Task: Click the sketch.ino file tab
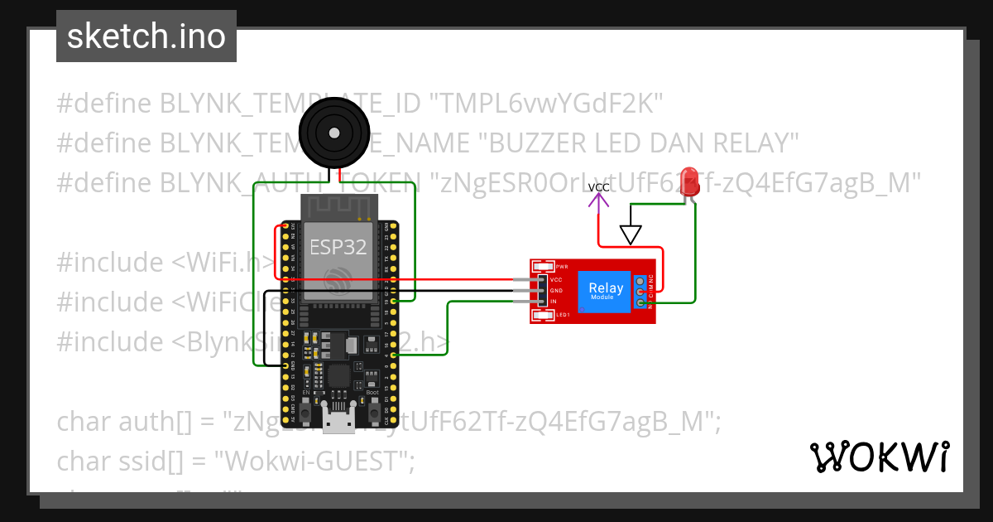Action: [146, 36]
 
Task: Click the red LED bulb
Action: [688, 181]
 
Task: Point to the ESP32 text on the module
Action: [338, 246]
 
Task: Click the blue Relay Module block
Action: [606, 291]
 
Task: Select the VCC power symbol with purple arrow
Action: [598, 196]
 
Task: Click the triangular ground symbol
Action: [631, 235]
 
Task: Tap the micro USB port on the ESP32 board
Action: [338, 423]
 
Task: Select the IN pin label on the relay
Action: [554, 302]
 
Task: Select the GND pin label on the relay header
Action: [556, 291]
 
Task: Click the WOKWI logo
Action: [879, 457]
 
